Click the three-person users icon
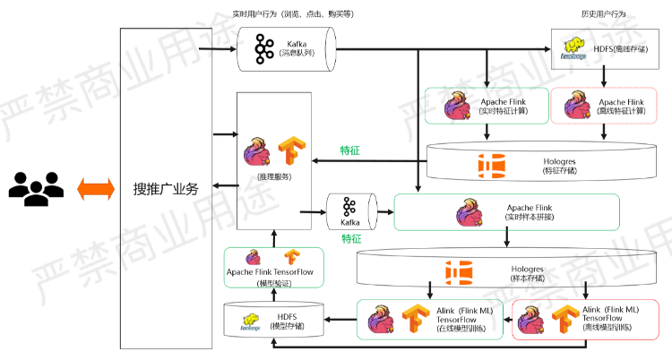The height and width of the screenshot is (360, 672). [37, 188]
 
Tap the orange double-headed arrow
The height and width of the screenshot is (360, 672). [95, 188]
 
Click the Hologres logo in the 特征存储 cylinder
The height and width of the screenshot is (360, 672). [492, 164]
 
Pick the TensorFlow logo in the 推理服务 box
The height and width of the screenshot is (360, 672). [289, 148]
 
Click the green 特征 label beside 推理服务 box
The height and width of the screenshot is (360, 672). [350, 151]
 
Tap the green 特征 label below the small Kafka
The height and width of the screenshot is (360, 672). [350, 239]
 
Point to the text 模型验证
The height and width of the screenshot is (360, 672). [272, 284]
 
